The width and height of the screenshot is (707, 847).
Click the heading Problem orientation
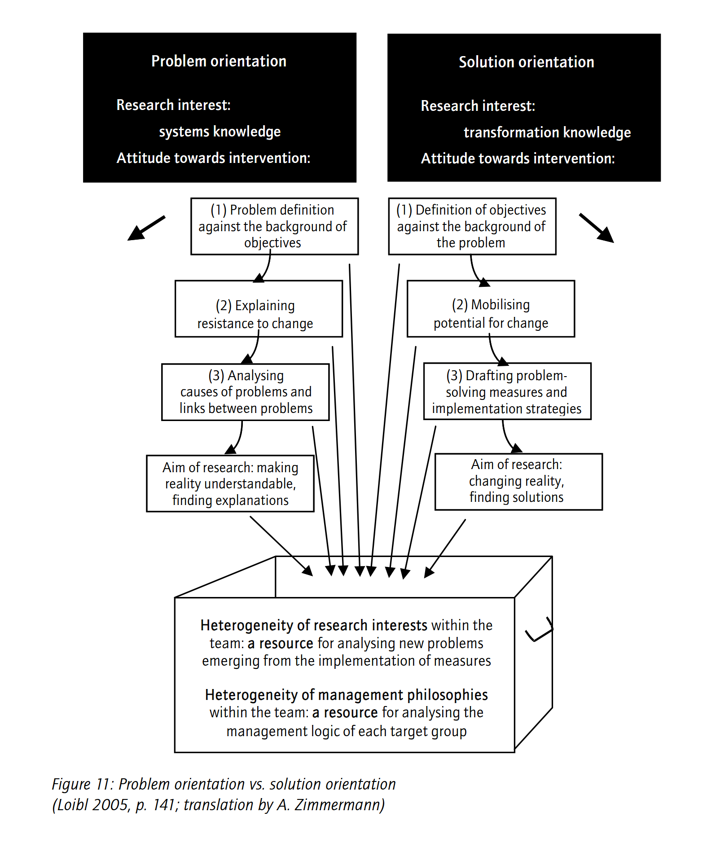point(219,61)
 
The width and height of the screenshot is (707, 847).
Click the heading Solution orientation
point(526,62)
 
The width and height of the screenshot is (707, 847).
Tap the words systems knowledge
point(220,132)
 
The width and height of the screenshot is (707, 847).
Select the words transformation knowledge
point(547,132)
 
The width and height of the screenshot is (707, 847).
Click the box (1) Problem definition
point(274,226)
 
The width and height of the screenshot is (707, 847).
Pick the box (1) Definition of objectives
point(472,226)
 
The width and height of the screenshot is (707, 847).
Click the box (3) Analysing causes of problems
point(246,392)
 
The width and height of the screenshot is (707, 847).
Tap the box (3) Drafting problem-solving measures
point(507,391)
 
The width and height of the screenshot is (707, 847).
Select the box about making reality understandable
point(230,483)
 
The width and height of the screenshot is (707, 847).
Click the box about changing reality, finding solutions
point(518,482)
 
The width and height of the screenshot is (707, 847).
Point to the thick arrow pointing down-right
point(597,228)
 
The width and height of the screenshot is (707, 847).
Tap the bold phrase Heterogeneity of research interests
point(314,625)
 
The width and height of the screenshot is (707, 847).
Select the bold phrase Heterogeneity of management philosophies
point(346,695)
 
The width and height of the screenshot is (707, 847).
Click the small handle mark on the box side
point(539,631)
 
